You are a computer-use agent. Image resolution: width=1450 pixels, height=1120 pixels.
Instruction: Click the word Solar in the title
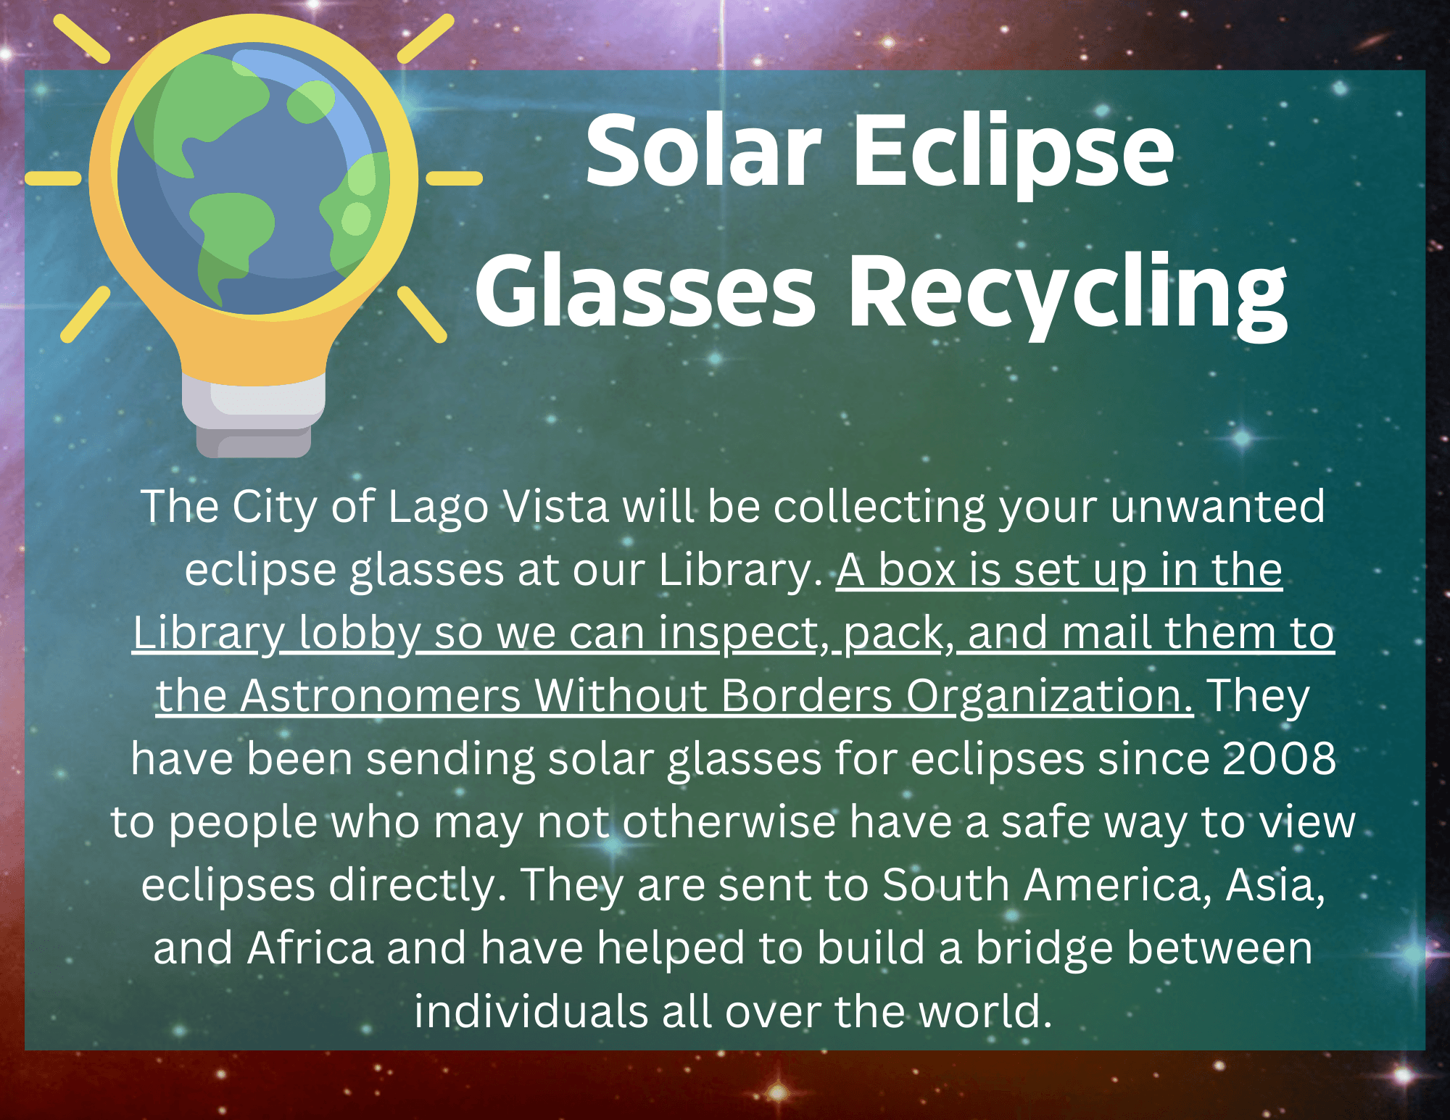[703, 152]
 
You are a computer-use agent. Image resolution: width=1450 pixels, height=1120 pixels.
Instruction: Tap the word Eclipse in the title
[1013, 152]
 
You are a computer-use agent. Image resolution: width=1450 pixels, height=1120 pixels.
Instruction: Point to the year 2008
[1279, 759]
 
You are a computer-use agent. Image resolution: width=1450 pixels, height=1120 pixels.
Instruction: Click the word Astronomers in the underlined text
[380, 696]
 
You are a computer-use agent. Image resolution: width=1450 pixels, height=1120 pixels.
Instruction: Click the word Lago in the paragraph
[438, 506]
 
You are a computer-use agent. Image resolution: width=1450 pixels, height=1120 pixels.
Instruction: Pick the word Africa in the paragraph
[310, 948]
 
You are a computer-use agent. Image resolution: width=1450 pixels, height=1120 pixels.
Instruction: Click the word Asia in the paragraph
[1275, 885]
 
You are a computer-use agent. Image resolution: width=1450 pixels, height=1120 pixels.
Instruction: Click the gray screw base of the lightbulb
[254, 420]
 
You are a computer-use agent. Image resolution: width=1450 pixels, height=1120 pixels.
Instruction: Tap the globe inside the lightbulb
[253, 178]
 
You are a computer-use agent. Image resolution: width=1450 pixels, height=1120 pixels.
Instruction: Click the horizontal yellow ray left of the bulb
[53, 178]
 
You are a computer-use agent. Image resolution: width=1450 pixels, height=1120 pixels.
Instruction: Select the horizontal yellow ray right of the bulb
[454, 178]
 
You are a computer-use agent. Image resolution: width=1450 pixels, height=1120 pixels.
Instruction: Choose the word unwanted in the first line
[1217, 506]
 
